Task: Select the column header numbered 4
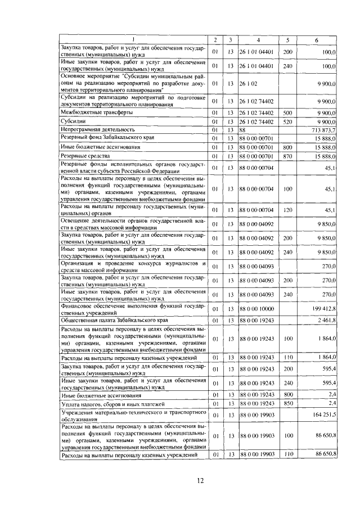tap(258, 39)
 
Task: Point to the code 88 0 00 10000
tap(257, 308)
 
